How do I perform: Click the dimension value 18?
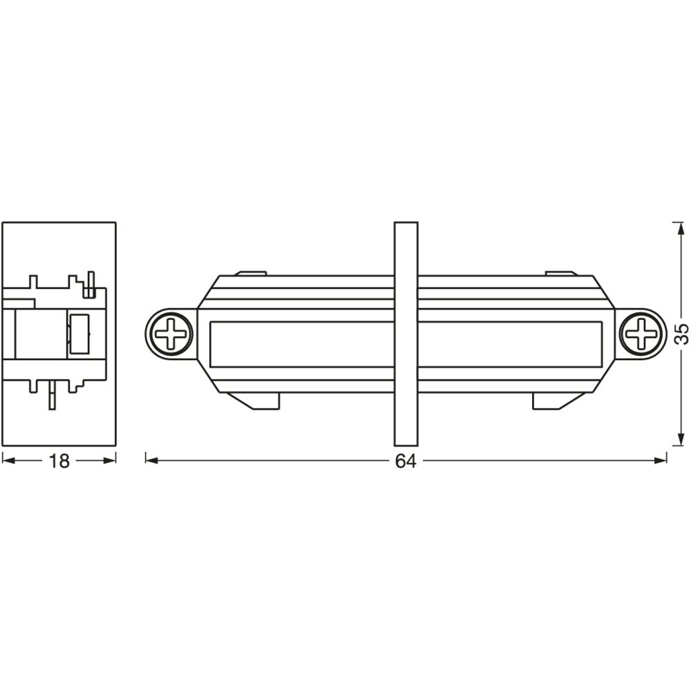[x=59, y=461]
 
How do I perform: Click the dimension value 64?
[x=406, y=461]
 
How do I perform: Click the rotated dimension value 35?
[x=681, y=333]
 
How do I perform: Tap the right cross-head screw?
[x=641, y=333]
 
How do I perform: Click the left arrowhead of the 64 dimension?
[x=153, y=460]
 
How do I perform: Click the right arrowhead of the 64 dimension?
[x=659, y=460]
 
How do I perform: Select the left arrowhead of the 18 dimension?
[x=10, y=460]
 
